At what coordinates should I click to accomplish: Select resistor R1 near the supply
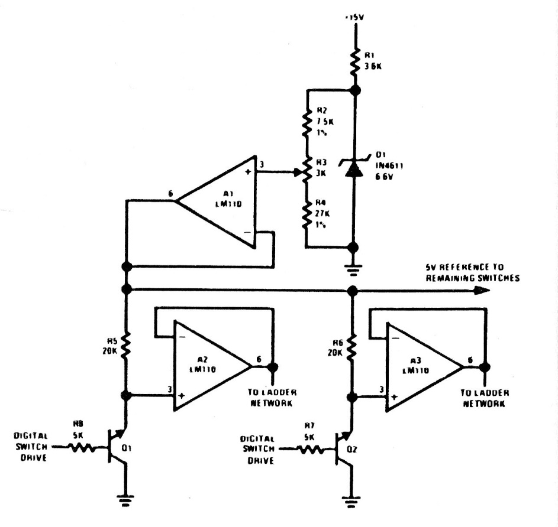coord(354,61)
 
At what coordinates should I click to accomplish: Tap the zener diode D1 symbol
coord(354,168)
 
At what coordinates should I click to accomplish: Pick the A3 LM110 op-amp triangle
coord(423,367)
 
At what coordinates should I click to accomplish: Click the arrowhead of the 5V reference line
coord(482,290)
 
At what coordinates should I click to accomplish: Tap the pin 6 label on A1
coord(170,193)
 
